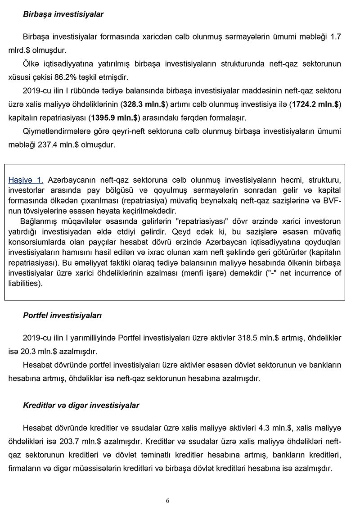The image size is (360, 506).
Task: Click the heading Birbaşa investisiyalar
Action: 63,14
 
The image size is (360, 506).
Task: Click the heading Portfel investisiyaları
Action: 62,316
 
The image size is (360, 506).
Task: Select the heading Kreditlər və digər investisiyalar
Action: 81,406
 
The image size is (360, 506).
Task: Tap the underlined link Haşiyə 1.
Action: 26,180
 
